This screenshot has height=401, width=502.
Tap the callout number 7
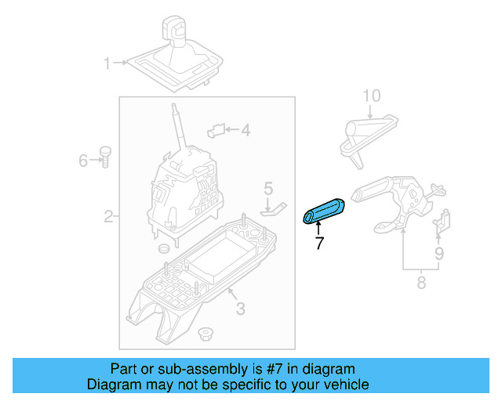click(x=319, y=244)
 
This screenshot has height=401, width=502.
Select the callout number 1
click(x=107, y=62)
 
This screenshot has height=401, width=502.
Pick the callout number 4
click(x=245, y=131)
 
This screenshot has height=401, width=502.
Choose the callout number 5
click(x=267, y=188)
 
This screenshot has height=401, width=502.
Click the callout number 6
click(x=83, y=161)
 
